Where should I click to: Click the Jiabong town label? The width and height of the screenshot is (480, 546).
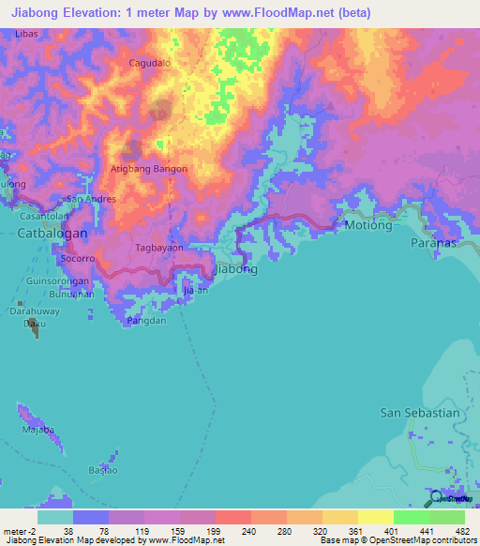pos(235,268)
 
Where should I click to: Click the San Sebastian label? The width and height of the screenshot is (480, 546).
pos(419,412)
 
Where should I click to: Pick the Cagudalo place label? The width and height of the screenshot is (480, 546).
pos(149,64)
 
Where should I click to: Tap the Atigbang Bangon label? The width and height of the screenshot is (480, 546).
pos(149,169)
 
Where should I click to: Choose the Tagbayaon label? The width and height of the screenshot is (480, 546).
pos(157,249)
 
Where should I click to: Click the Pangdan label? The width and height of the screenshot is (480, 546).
pos(146,321)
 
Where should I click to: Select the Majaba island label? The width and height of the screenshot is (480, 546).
pos(37,431)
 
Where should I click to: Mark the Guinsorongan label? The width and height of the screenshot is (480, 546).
pos(59,280)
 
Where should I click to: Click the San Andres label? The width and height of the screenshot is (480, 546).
pos(91,199)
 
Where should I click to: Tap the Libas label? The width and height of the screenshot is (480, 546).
pos(26,33)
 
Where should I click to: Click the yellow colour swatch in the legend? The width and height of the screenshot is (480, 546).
pos(375,517)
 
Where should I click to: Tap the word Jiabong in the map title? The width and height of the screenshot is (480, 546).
pos(39,12)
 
